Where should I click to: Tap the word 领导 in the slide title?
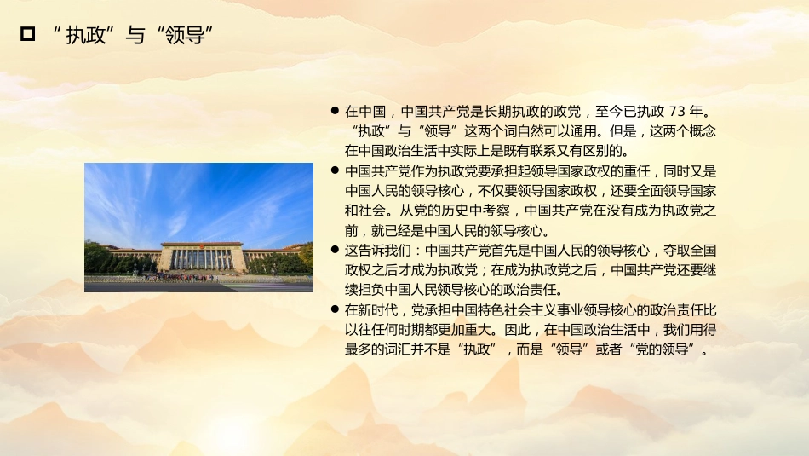pyautogui.click(x=184, y=35)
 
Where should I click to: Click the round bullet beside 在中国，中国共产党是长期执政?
pyautogui.click(x=335, y=112)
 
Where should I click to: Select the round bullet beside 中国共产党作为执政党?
pyautogui.click(x=335, y=170)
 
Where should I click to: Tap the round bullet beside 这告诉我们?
pyautogui.click(x=335, y=251)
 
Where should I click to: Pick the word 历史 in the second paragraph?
pyautogui.click(x=438, y=211)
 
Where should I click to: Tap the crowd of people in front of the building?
pyautogui.click(x=187, y=277)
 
